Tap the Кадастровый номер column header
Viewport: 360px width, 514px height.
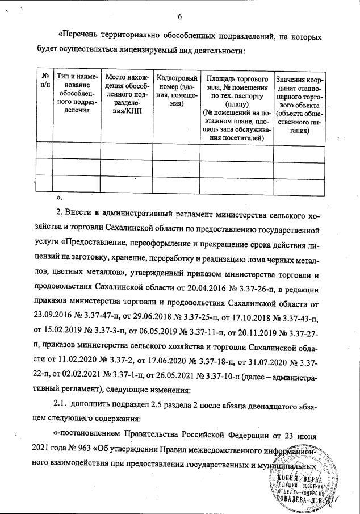pos(177,90)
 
